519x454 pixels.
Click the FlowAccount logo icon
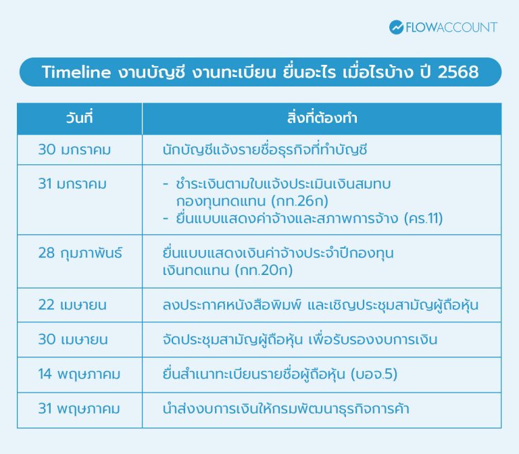tap(397, 28)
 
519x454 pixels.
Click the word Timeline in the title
tap(76, 72)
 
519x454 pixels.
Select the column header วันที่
tap(79, 118)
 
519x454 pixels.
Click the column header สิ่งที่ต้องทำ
tap(322, 118)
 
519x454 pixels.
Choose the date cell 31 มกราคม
tap(72, 183)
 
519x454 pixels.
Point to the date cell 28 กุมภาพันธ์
tap(80, 253)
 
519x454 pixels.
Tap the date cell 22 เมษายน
tap(73, 305)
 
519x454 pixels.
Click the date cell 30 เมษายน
tap(73, 340)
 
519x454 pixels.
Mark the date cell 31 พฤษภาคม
tap(79, 409)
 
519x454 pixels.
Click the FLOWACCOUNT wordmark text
tap(452, 28)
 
